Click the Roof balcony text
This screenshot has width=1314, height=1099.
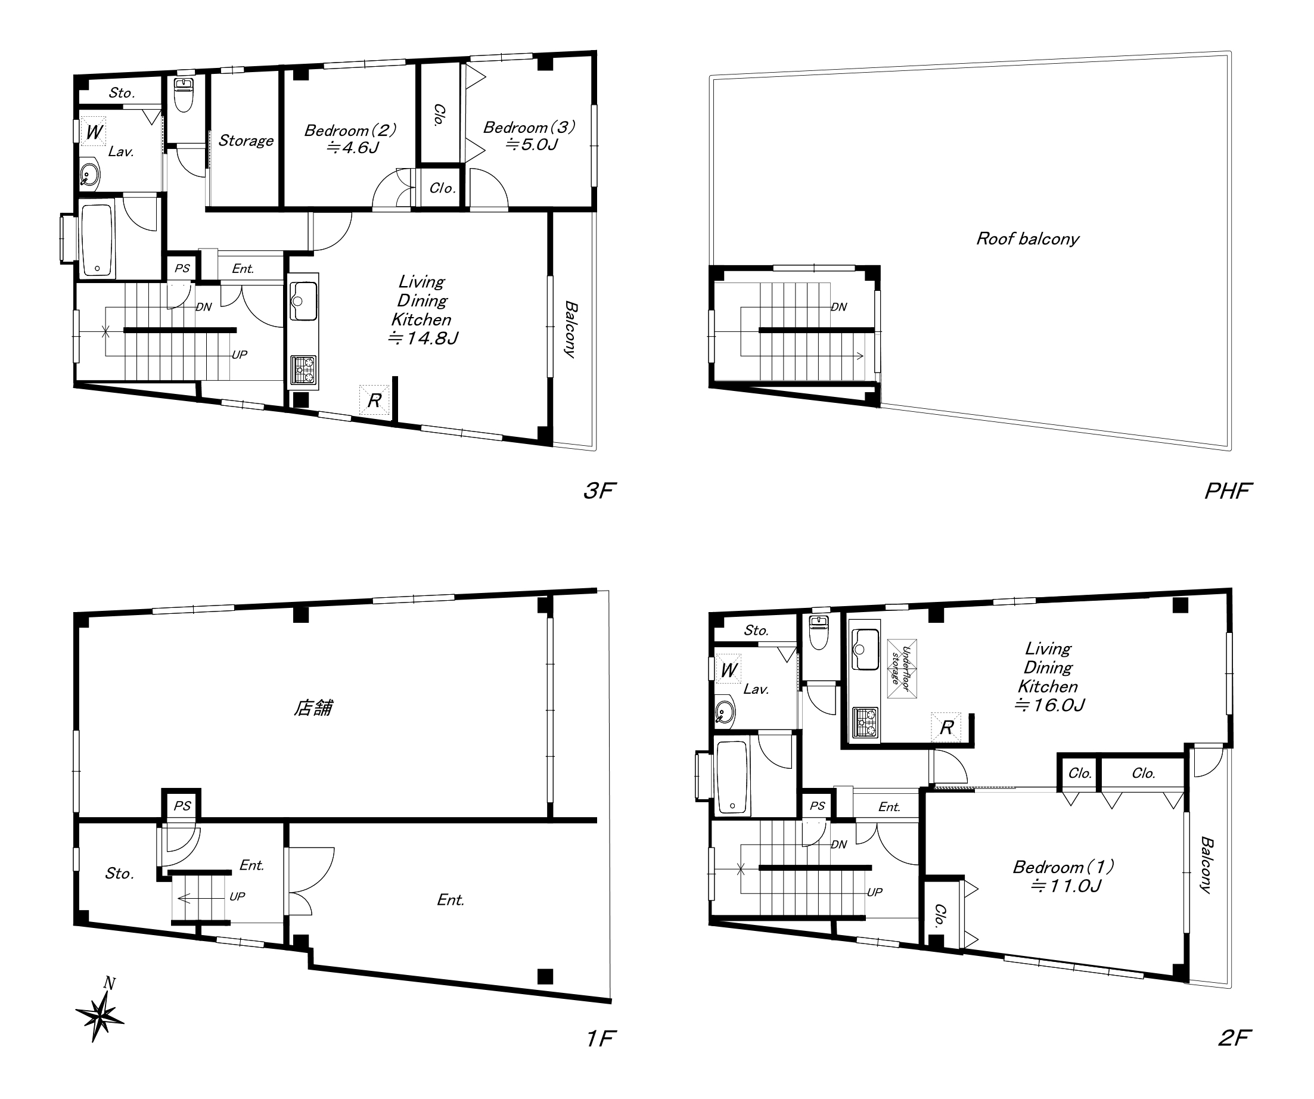pyautogui.click(x=1027, y=238)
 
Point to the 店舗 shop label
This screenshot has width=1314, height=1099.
pyautogui.click(x=313, y=708)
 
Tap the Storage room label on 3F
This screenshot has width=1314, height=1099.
pyautogui.click(x=246, y=141)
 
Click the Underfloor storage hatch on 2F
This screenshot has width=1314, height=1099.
pyautogui.click(x=902, y=669)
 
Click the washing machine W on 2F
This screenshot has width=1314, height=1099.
pyautogui.click(x=728, y=670)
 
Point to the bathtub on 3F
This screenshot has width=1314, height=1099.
pyautogui.click(x=98, y=239)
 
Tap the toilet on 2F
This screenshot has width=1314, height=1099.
pyautogui.click(x=818, y=634)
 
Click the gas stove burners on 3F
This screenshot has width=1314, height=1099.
pyautogui.click(x=303, y=370)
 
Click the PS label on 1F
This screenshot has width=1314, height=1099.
pyautogui.click(x=182, y=806)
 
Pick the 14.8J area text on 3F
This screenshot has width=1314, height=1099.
pyautogui.click(x=423, y=339)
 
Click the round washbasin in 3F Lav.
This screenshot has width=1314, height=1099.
pyautogui.click(x=90, y=175)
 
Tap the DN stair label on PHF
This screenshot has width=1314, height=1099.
pyautogui.click(x=839, y=307)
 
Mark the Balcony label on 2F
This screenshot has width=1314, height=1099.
pyautogui.click(x=1206, y=865)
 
